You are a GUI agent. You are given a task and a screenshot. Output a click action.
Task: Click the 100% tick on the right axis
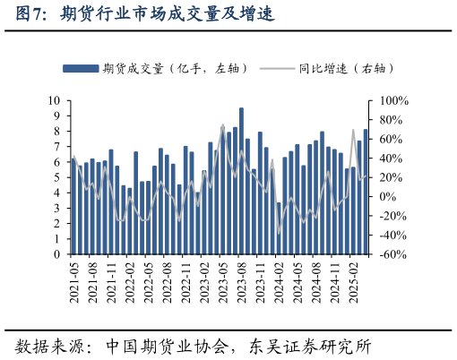(393, 100)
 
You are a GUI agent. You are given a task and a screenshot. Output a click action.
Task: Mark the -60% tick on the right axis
(393, 254)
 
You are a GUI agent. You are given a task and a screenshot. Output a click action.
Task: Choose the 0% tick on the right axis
(387, 197)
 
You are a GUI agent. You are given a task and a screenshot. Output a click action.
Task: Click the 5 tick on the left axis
(56, 177)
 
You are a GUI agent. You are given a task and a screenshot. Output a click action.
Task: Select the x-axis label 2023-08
(241, 278)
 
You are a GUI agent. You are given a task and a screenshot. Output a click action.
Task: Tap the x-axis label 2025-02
(353, 278)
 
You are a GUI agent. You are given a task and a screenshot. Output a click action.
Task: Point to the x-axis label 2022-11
(185, 278)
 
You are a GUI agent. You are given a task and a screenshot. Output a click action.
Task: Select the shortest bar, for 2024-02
(279, 228)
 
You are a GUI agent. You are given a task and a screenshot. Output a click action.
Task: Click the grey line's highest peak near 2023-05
(223, 125)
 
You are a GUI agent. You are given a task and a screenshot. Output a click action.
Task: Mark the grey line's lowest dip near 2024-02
(279, 233)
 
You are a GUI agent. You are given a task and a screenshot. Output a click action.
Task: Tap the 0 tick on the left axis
(56, 254)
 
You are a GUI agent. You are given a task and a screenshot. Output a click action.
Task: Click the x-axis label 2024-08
(315, 278)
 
